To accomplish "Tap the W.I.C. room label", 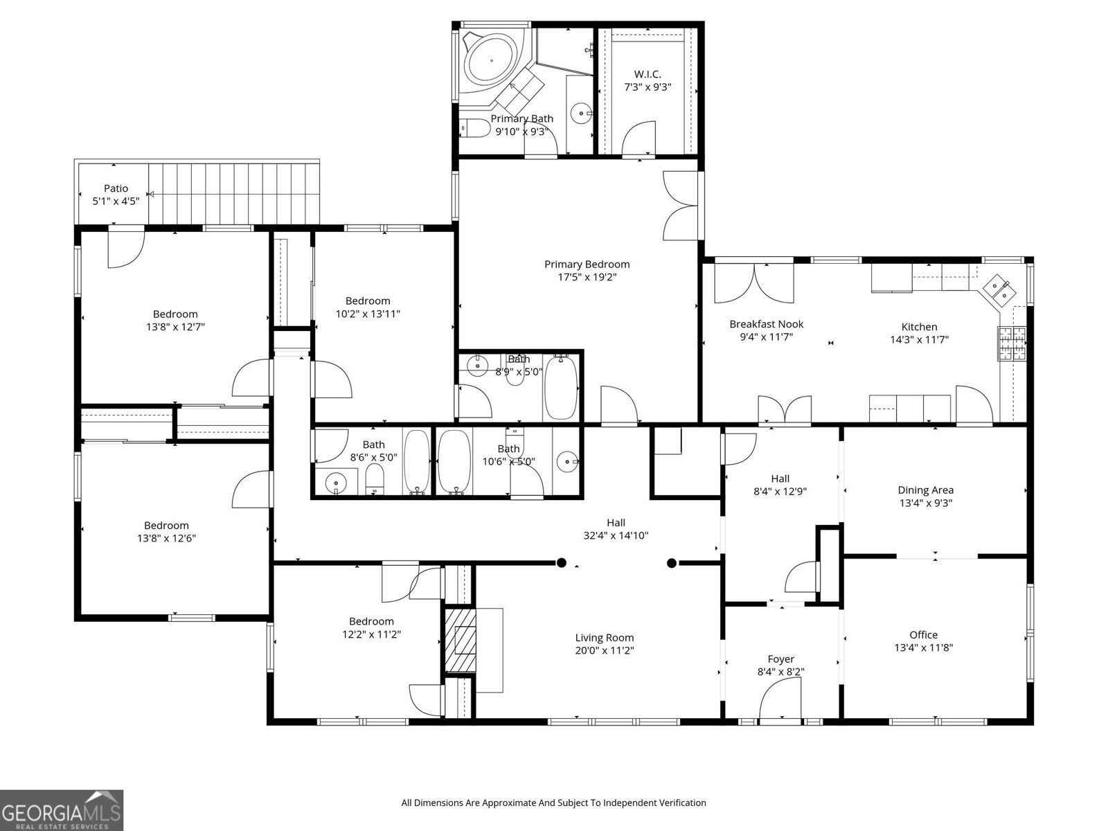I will coord(647,74).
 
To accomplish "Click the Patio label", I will coord(116,188).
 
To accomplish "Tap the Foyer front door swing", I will coord(780,699).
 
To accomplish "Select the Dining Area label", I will coord(925,490).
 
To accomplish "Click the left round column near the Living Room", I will coord(562,562).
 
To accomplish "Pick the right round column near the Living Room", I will coord(671,563).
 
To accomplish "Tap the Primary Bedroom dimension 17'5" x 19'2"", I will coord(587,277).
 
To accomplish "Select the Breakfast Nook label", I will coord(766,324).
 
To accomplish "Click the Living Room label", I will coord(604,638).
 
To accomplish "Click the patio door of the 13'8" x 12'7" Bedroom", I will coord(125,246).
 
